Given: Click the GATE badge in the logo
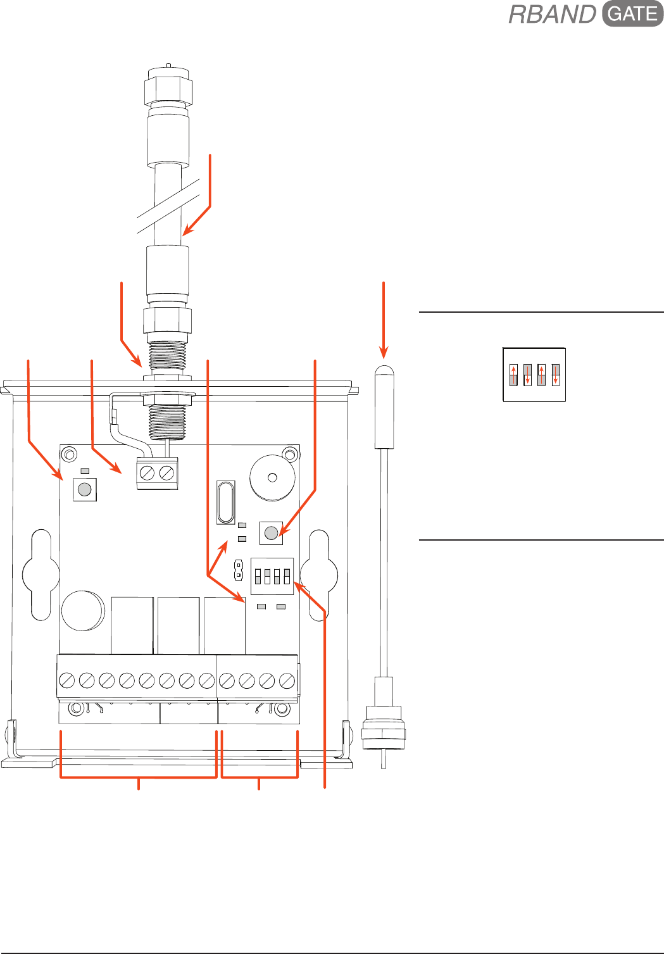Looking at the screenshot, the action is coord(632,14).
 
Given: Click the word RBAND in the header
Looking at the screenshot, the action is coord(553,15).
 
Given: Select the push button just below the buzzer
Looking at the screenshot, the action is coord(271,532).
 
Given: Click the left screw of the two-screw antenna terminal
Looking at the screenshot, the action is coord(147,473).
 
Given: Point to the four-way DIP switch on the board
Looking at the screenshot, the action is coord(272,576).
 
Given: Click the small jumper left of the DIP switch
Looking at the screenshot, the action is coord(239,570).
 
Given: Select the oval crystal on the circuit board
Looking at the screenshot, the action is coord(225,502).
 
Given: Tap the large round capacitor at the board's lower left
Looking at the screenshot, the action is coord(83,611).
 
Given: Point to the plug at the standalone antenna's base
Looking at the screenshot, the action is coord(384,728).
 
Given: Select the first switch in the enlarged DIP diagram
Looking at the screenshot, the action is coord(513,374).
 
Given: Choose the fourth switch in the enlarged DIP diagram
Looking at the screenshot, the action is coord(556,374).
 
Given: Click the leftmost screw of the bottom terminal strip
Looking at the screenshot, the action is coord(67,681).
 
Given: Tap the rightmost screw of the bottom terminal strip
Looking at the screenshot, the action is coord(287,681).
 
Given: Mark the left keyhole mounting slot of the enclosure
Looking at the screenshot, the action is coord(41,574).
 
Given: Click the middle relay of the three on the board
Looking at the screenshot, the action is coord(179,625).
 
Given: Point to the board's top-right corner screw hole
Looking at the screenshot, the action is coord(291,454).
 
